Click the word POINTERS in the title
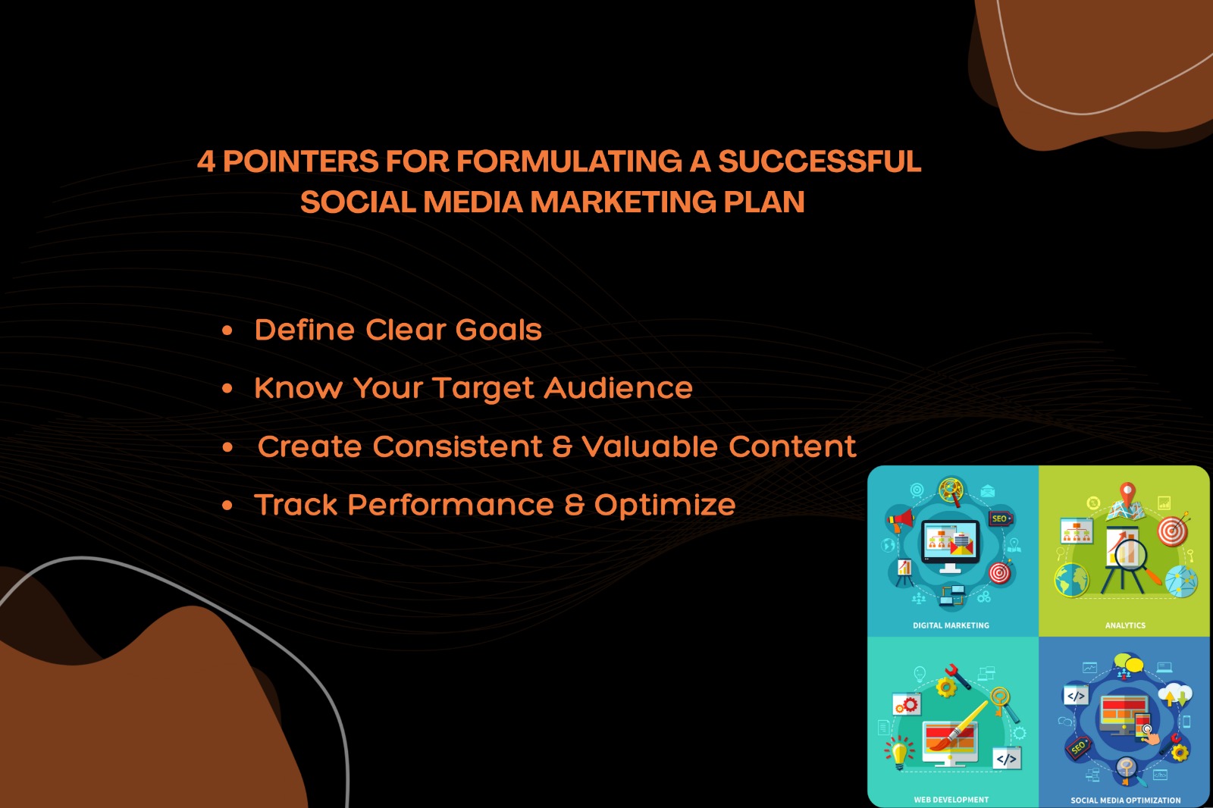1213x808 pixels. (300, 161)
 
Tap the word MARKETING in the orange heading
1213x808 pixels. (622, 202)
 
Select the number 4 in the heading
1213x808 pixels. (205, 161)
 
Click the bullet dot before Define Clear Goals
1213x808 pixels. (227, 330)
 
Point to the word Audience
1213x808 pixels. (618, 388)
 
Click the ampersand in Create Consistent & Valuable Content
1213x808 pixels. (562, 446)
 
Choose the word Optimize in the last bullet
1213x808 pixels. (665, 506)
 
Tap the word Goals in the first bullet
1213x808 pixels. (498, 330)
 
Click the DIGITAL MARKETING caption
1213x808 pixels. (951, 625)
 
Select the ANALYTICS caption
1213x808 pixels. (1125, 625)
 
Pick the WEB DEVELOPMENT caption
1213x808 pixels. (951, 800)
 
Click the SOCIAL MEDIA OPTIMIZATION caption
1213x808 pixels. (1125, 800)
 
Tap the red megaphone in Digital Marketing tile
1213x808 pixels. (899, 521)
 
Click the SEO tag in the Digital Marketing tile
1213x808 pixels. (1001, 518)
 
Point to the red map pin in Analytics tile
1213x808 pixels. (1127, 493)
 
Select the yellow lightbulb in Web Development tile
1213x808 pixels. (899, 752)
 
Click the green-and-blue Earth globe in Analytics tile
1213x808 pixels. (1071, 580)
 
